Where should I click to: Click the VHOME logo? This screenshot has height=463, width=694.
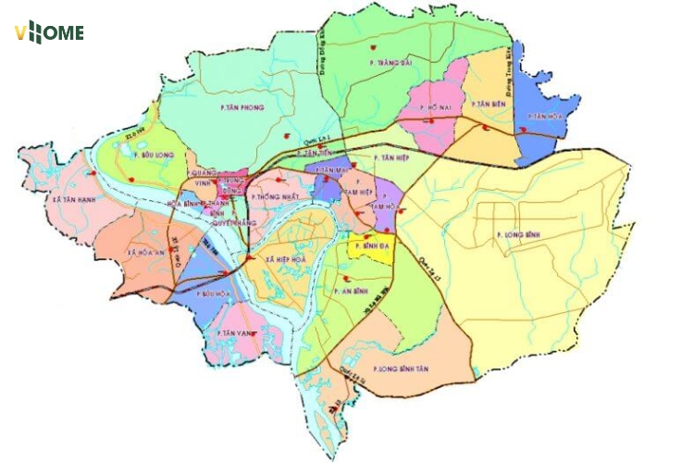(x=49, y=33)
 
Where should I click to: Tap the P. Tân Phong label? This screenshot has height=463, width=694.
(x=242, y=107)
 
